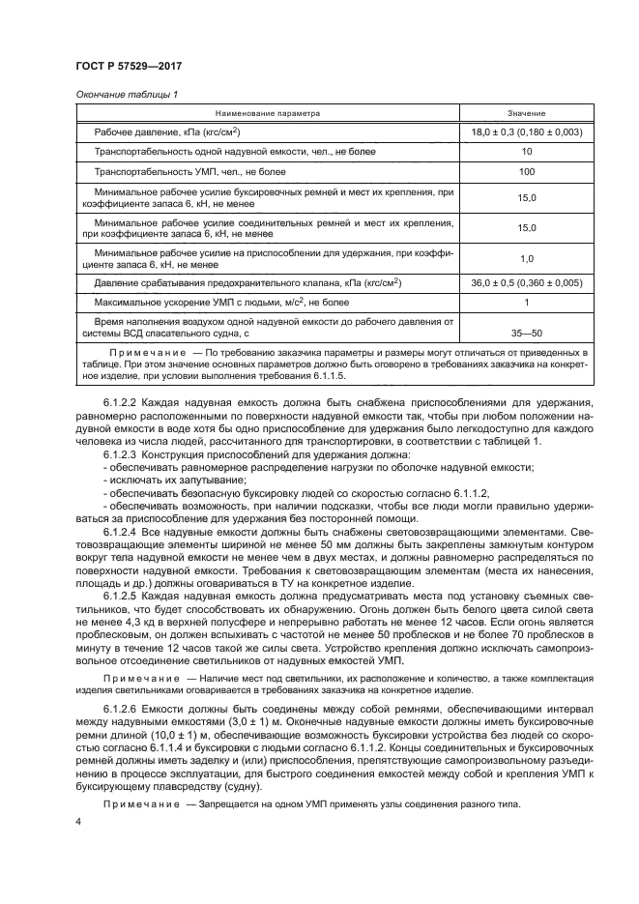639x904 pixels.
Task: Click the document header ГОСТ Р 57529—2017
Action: point(129,65)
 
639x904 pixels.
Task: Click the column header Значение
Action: point(527,113)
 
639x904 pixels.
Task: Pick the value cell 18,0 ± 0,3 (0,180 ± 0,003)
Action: point(527,131)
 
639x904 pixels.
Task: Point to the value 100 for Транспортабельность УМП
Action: point(527,171)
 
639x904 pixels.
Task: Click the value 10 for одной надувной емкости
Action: point(527,152)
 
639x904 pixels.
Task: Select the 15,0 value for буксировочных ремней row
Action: point(527,197)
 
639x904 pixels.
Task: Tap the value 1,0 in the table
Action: point(527,259)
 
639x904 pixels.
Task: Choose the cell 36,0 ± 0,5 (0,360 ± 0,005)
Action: point(527,283)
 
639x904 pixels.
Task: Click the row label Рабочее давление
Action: point(165,131)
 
